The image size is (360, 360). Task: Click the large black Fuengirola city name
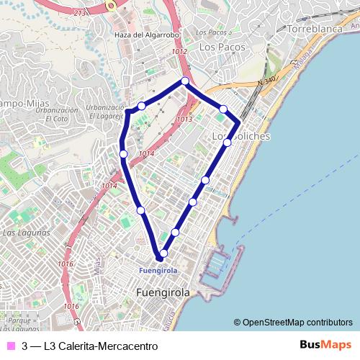click(163, 293)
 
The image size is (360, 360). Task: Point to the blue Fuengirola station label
click(157, 270)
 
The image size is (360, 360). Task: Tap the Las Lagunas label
click(26, 233)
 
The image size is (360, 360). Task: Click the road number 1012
click(179, 52)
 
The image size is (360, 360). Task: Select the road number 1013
click(184, 119)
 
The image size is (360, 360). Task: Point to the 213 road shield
click(79, 12)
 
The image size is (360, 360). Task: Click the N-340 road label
click(266, 83)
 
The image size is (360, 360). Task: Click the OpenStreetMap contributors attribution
click(293, 323)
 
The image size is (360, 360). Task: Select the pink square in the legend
click(10, 346)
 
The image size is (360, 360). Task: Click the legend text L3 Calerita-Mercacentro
click(100, 346)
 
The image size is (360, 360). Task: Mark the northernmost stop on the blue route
click(185, 81)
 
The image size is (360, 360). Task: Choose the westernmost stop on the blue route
click(124, 153)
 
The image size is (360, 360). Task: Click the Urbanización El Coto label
click(57, 114)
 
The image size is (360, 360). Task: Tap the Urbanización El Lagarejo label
click(105, 112)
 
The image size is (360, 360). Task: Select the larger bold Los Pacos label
click(222, 47)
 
